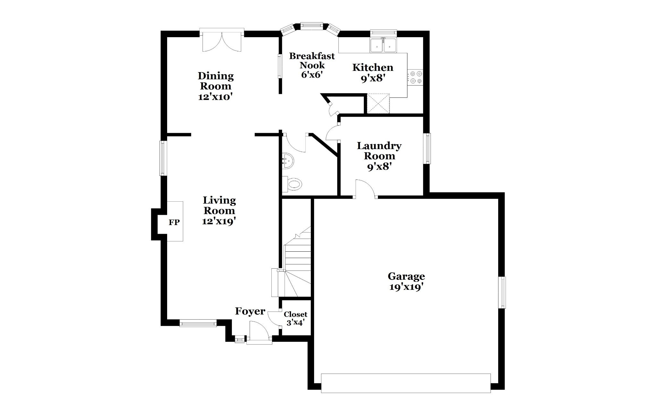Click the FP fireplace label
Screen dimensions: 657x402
[174, 222]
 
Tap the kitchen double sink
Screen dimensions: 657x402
[383, 45]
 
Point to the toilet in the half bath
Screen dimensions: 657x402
[292, 184]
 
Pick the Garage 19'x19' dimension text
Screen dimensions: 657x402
[406, 287]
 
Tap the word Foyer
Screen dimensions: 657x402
[250, 311]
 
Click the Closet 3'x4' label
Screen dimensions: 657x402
[295, 318]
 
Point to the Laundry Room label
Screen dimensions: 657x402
[379, 151]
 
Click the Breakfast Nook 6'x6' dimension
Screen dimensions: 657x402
[311, 75]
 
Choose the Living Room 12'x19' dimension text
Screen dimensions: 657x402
[219, 221]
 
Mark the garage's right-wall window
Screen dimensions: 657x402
[502, 292]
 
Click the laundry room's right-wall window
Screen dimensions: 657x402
[427, 148]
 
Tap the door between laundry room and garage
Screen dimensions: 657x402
[366, 189]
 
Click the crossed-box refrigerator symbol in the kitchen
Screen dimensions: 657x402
[378, 103]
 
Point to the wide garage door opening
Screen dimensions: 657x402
[406, 383]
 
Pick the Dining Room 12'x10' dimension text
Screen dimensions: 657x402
[215, 97]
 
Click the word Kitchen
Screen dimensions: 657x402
[373, 67]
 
